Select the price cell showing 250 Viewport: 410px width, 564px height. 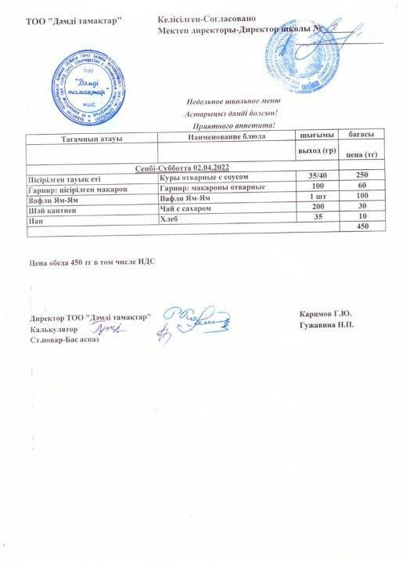point(361,175)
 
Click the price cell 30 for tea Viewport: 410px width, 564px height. point(361,206)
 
